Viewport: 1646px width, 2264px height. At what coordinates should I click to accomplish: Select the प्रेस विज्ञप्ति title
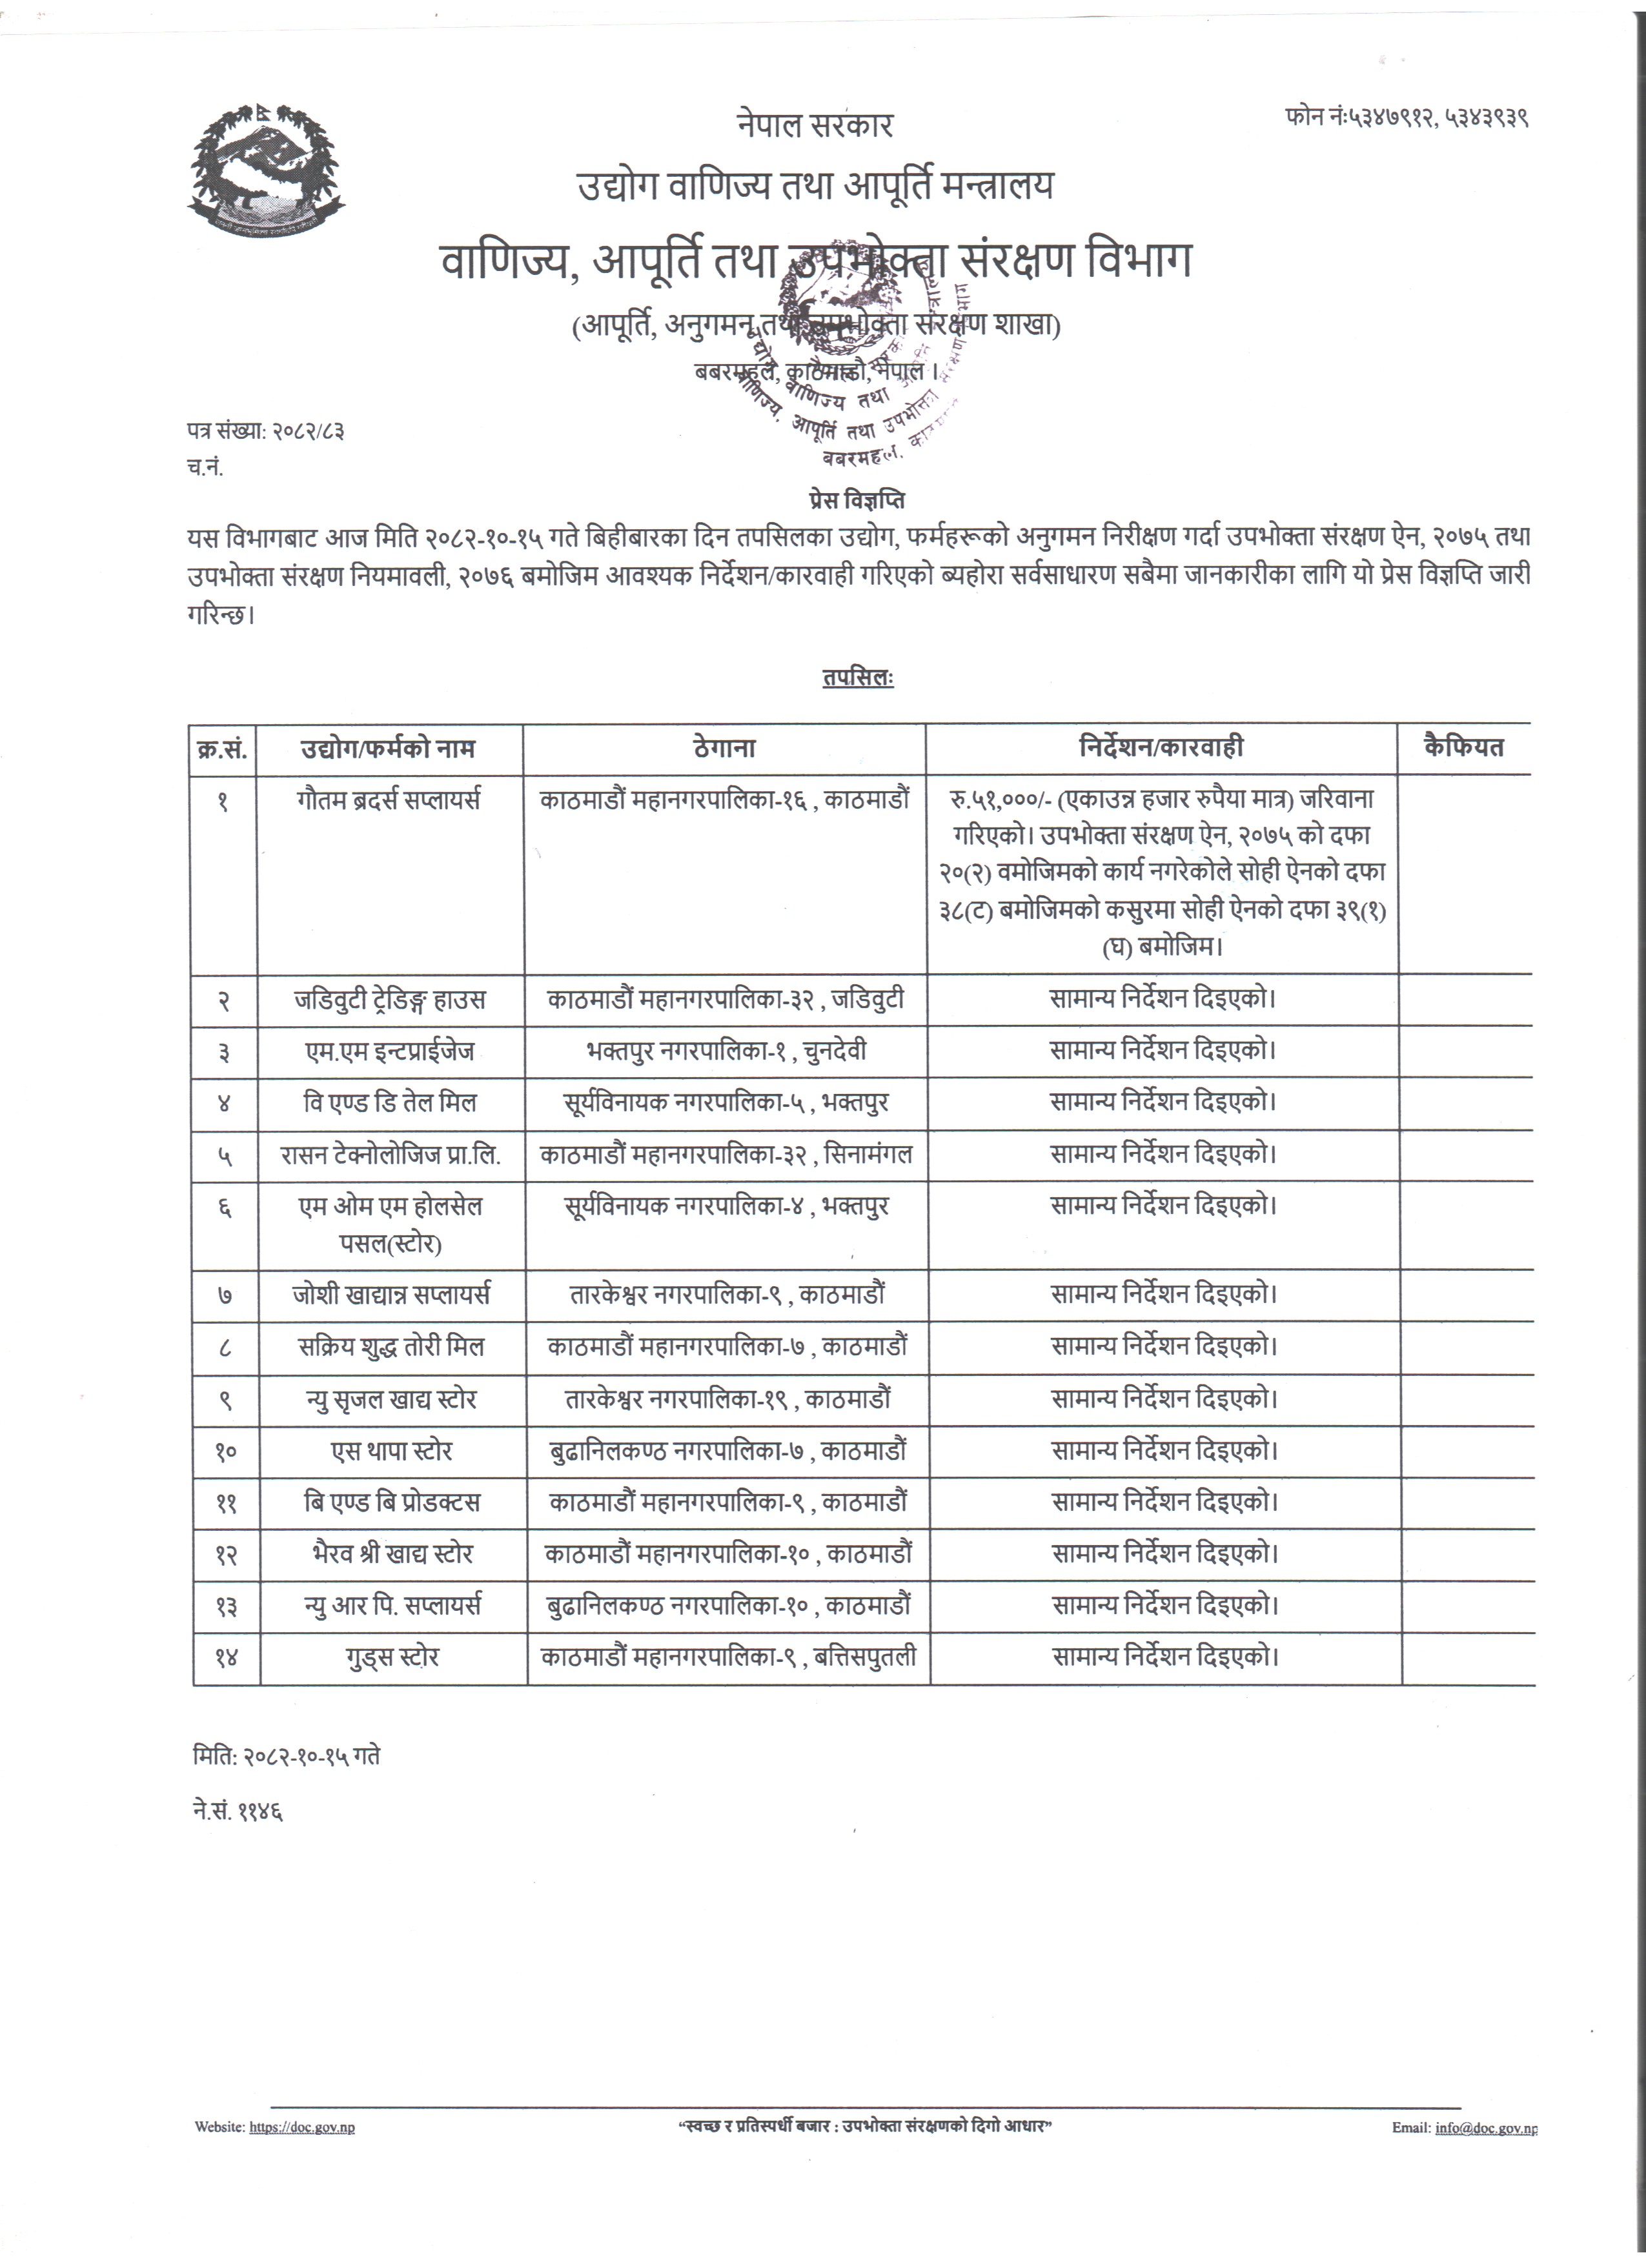(857, 499)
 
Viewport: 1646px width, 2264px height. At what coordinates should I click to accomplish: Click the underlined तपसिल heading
(857, 678)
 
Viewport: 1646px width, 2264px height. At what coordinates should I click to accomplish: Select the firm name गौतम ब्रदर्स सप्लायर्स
(389, 800)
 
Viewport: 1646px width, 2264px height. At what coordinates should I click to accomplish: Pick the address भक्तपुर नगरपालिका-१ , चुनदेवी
(726, 1051)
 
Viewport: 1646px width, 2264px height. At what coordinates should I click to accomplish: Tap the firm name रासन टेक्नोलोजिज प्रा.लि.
(391, 1155)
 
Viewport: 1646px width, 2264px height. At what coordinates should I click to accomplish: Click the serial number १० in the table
(225, 1451)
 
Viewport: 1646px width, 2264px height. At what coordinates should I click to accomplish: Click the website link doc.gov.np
(301, 2127)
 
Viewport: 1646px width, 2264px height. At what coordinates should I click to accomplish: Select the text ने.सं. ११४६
(238, 1812)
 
